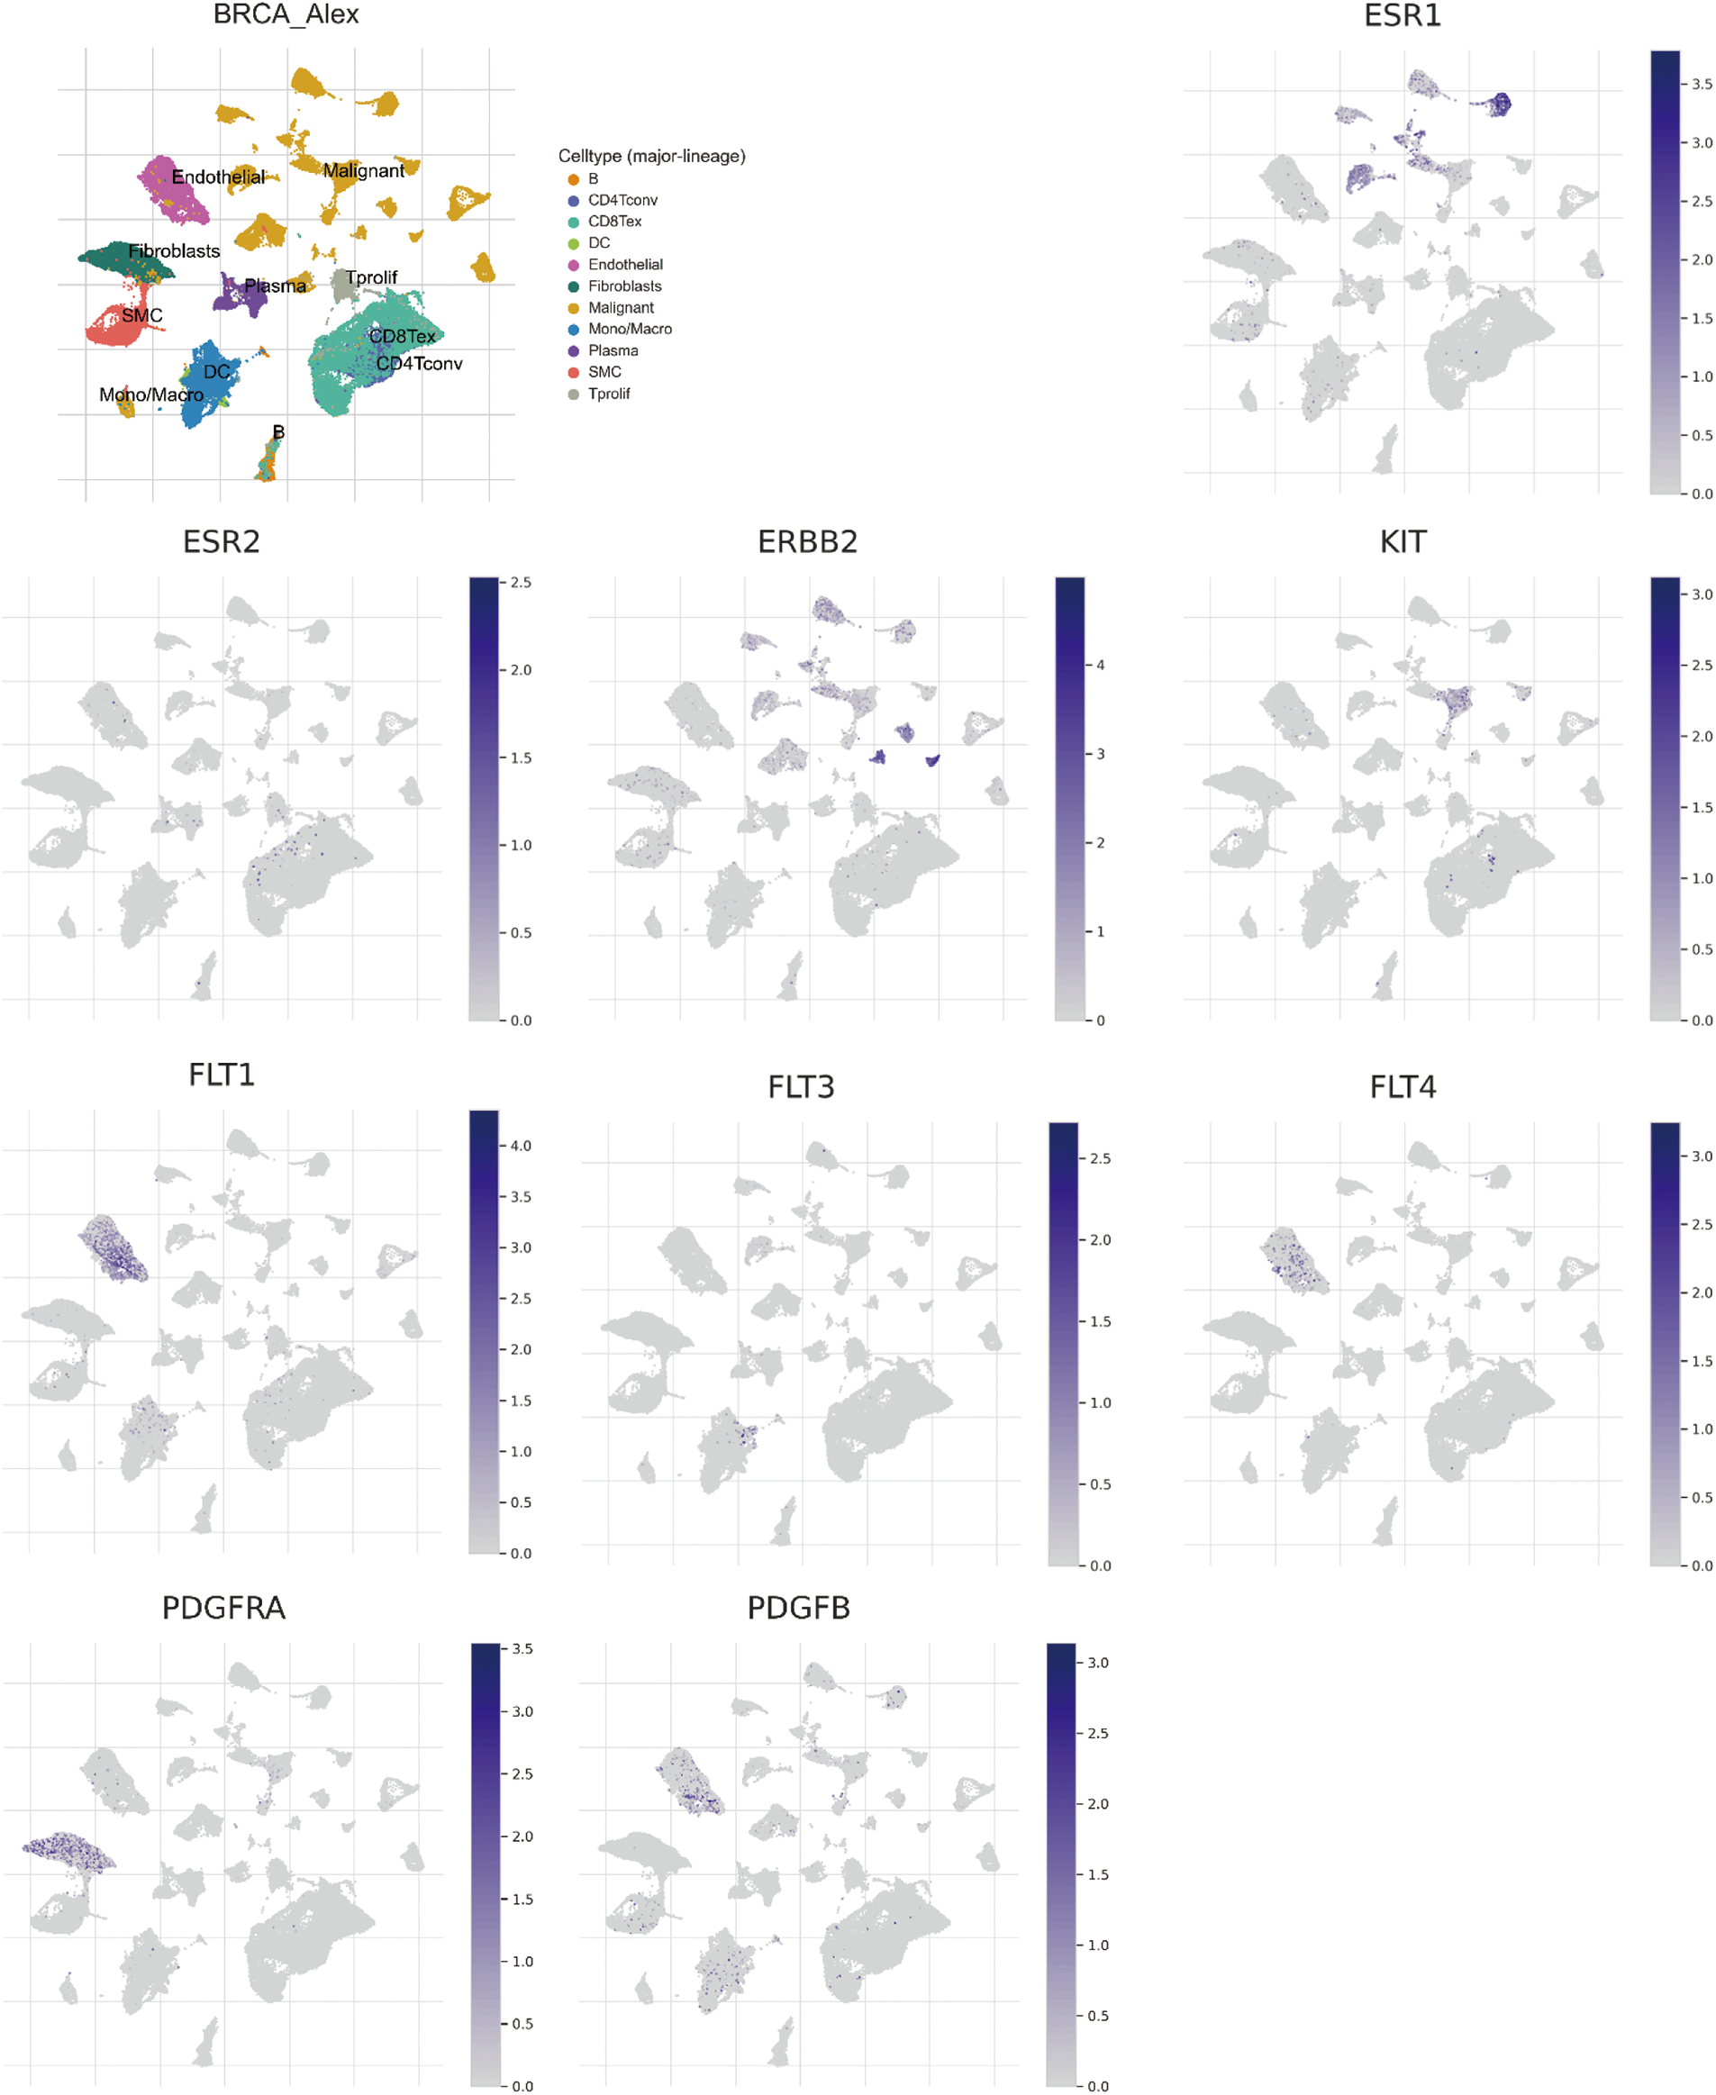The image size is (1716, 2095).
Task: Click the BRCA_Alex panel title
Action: [x=286, y=14]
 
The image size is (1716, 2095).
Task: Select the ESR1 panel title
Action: [x=1402, y=16]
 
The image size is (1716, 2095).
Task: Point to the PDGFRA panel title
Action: [x=223, y=1608]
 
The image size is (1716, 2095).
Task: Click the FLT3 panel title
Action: [x=801, y=1087]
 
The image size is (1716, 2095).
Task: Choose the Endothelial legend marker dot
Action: [x=573, y=265]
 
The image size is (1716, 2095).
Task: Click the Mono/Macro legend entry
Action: [x=629, y=329]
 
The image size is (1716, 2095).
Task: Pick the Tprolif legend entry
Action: [x=608, y=394]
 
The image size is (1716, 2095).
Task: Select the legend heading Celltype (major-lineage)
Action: [x=651, y=156]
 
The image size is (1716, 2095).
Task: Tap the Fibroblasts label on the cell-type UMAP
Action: [x=174, y=251]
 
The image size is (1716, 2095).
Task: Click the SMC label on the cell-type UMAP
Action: [x=141, y=316]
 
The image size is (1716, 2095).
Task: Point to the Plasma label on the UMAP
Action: [x=275, y=286]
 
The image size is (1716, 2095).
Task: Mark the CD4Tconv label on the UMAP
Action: [x=419, y=364]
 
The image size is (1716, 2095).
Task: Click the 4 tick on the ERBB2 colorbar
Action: [x=1100, y=665]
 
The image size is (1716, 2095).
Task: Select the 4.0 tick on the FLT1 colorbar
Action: [x=520, y=1146]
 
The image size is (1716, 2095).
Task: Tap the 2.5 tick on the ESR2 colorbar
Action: [x=520, y=582]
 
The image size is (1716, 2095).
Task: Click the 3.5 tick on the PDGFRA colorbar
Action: [x=522, y=1648]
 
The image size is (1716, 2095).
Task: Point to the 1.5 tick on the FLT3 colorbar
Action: [x=1099, y=1321]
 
